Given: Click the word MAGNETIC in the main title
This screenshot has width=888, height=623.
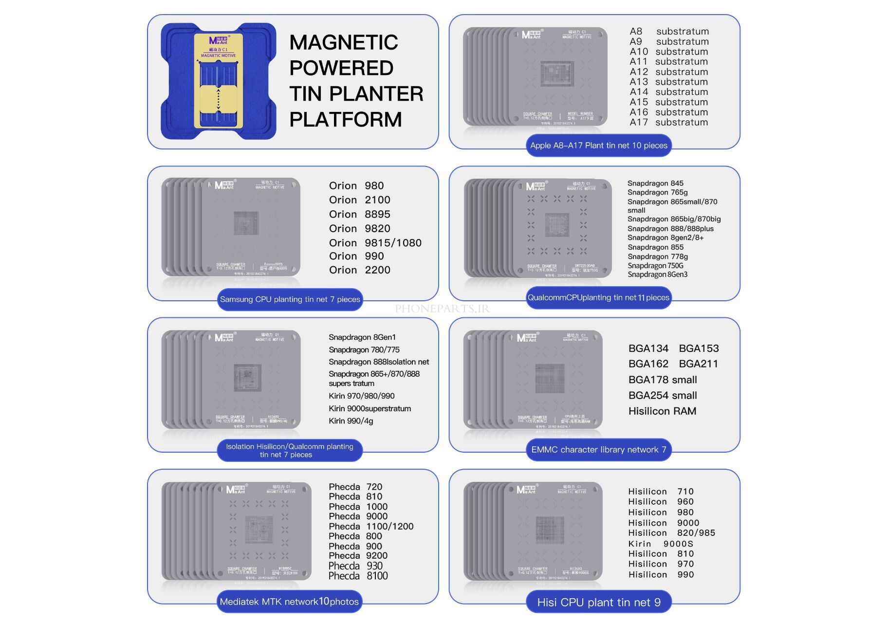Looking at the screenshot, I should pyautogui.click(x=343, y=42).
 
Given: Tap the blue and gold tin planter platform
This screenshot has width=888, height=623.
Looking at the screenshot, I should pyautogui.click(x=218, y=81).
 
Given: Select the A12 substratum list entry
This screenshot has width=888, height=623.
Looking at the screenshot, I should pyautogui.click(x=668, y=72).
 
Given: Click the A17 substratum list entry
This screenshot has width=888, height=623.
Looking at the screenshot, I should pyautogui.click(x=668, y=122).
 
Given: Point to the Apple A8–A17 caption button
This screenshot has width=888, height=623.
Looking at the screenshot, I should pyautogui.click(x=598, y=146).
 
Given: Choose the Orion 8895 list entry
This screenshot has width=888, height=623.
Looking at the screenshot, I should pyautogui.click(x=359, y=214).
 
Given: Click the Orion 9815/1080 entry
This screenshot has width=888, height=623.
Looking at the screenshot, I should pyautogui.click(x=375, y=243).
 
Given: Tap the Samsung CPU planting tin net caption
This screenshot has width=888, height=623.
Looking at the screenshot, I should pyautogui.click(x=290, y=299).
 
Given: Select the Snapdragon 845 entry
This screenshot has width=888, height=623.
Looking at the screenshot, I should pyautogui.click(x=655, y=183).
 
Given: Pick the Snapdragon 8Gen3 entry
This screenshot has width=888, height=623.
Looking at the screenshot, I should pyautogui.click(x=657, y=275).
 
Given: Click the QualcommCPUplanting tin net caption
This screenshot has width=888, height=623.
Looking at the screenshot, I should pyautogui.click(x=598, y=297).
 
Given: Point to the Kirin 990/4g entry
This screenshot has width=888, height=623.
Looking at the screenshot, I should pyautogui.click(x=351, y=421).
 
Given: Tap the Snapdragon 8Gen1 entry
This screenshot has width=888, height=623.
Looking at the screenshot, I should pyautogui.click(x=362, y=337).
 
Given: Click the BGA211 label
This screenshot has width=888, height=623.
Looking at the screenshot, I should pyautogui.click(x=698, y=364).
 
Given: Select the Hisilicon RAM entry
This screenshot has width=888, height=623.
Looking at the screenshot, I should pyautogui.click(x=662, y=411).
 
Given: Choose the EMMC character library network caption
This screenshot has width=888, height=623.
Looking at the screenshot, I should pyautogui.click(x=598, y=450).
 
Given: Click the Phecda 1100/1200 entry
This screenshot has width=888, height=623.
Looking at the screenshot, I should pyautogui.click(x=371, y=526).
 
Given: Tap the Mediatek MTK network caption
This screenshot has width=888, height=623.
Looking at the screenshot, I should pyautogui.click(x=289, y=602).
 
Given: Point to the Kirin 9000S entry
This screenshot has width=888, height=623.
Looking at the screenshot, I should pyautogui.click(x=660, y=544).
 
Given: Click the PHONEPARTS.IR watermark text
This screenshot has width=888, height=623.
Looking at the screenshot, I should pyautogui.click(x=442, y=309).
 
